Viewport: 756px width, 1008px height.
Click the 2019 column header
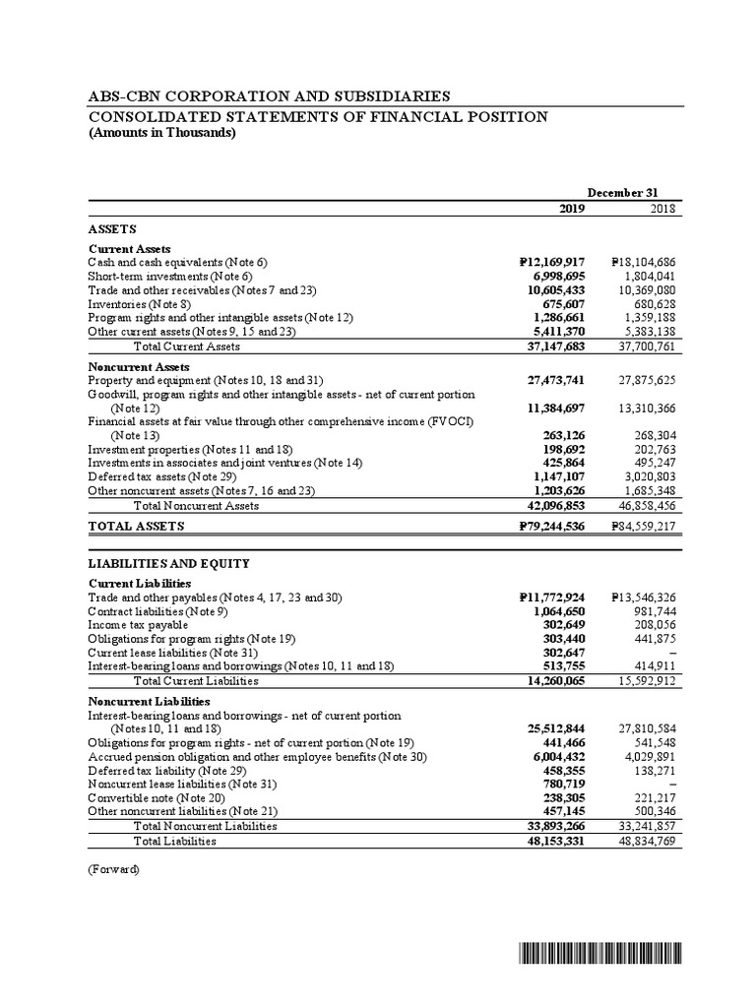pos(571,209)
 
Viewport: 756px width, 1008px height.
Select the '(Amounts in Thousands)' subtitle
pos(161,134)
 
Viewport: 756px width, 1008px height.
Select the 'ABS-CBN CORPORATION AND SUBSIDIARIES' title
pos(270,95)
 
